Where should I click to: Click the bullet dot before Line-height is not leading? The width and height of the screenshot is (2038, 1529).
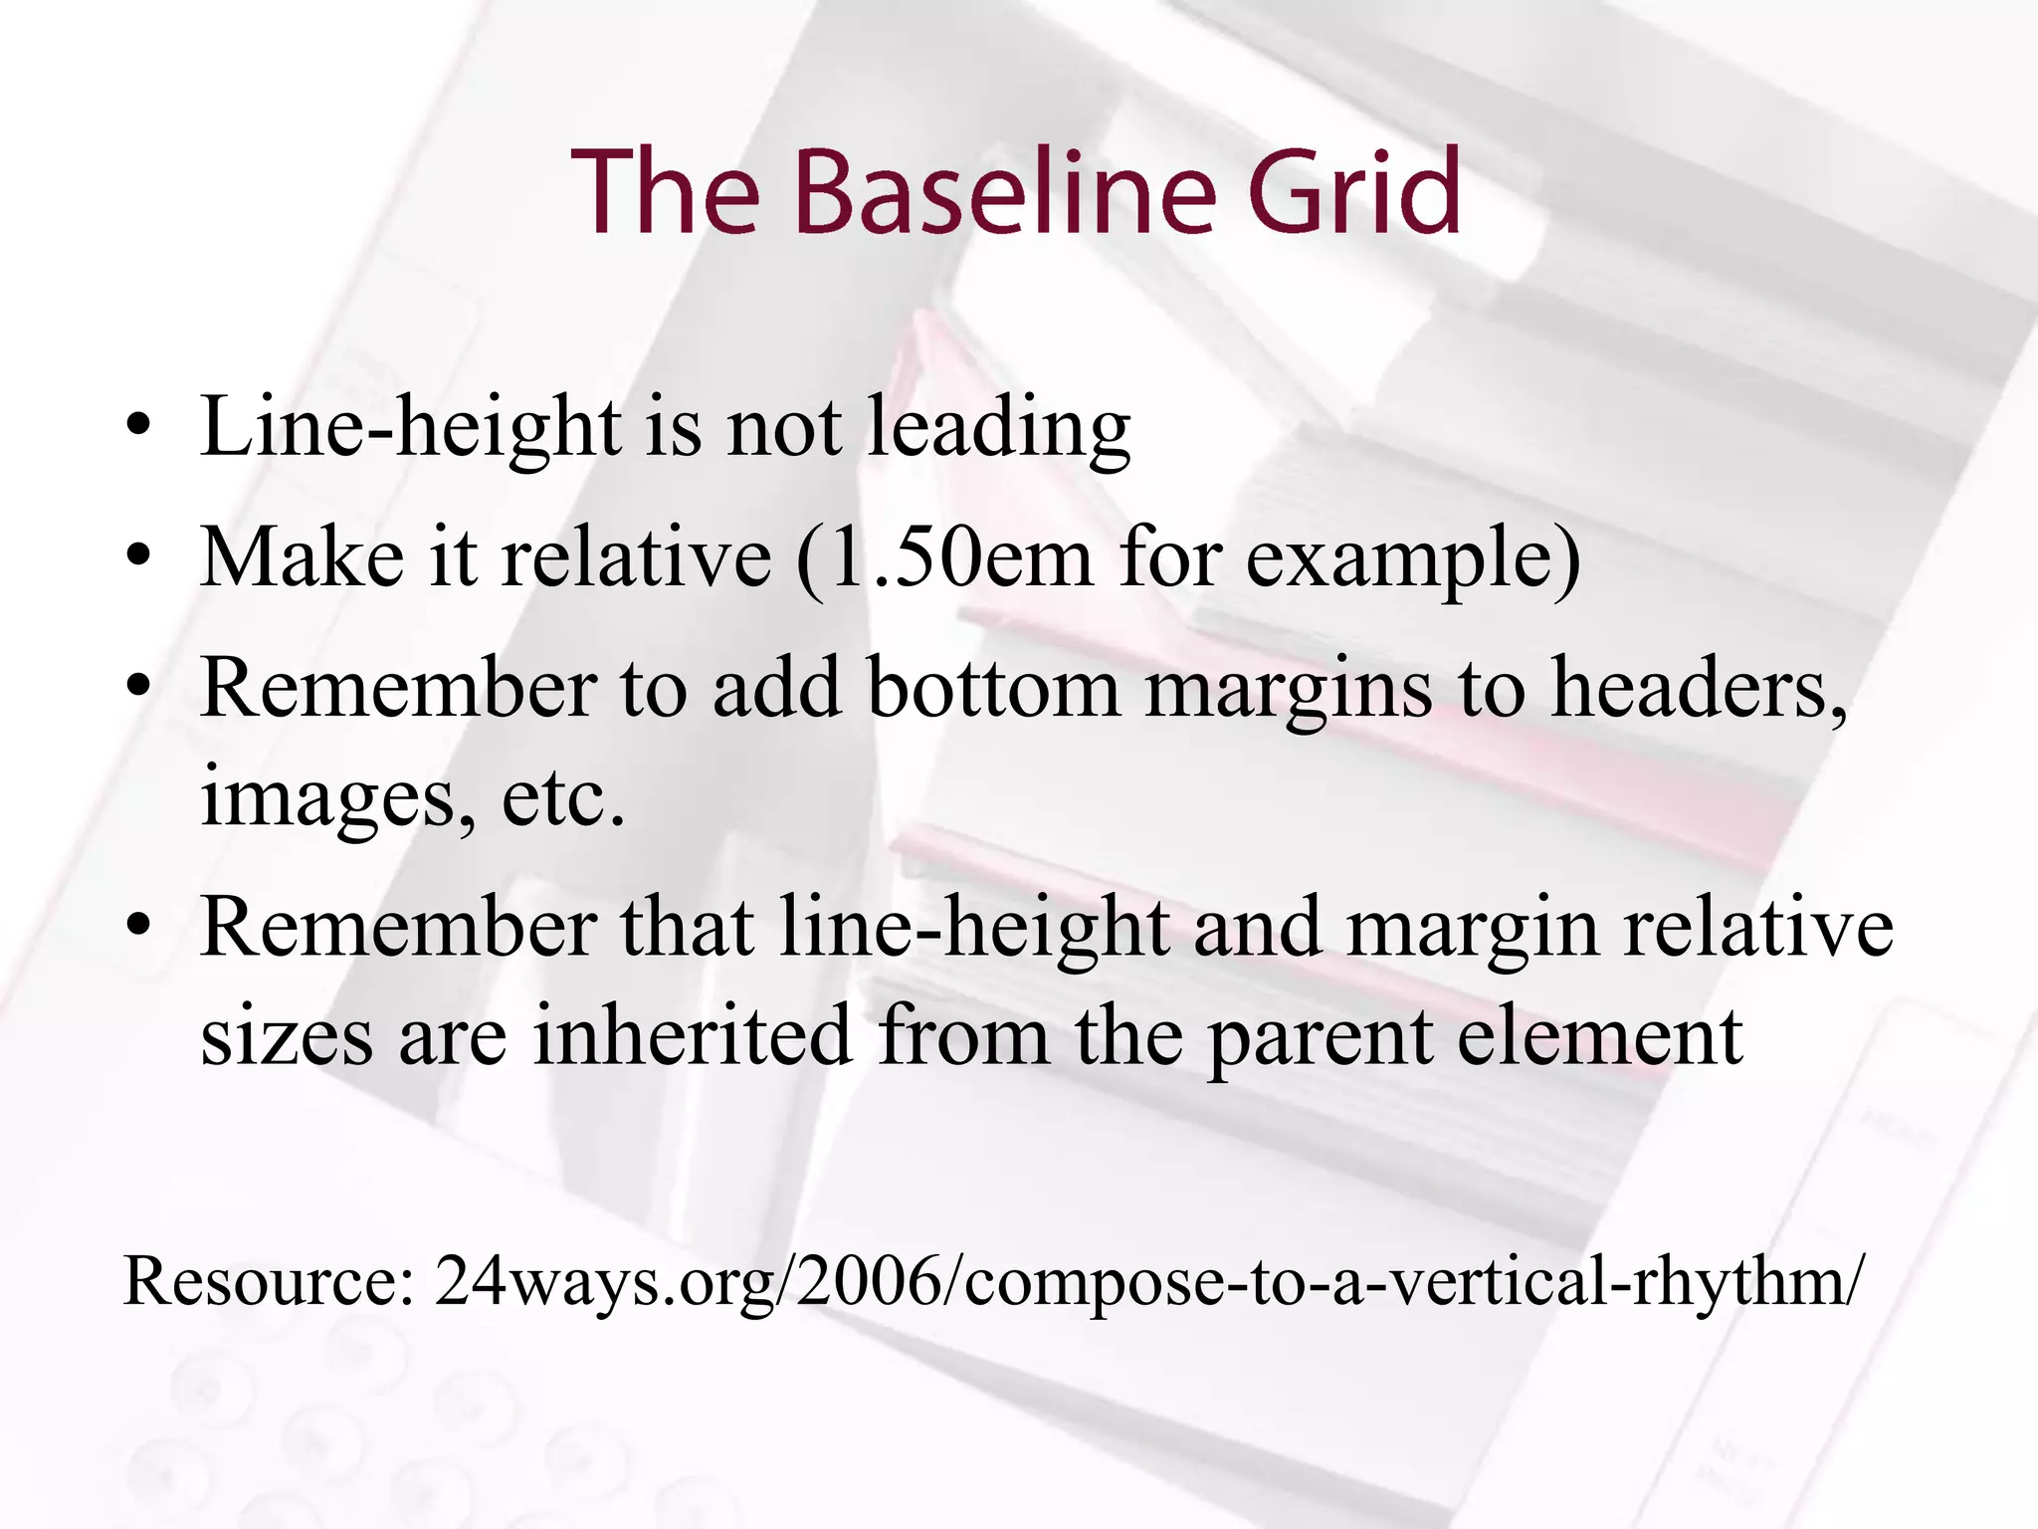[x=139, y=428]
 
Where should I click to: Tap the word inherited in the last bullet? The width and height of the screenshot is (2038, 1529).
[x=693, y=1035]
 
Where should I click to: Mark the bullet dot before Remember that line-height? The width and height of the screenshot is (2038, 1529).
[x=139, y=926]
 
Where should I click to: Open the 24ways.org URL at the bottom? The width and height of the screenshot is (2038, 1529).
[x=1144, y=1282]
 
